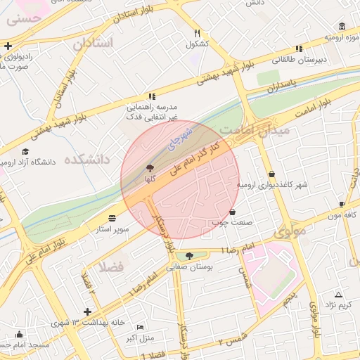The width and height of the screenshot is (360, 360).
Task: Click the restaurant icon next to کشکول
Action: coord(198,33)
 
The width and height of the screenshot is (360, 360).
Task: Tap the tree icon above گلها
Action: coord(148,169)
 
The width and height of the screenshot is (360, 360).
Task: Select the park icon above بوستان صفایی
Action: coord(188,256)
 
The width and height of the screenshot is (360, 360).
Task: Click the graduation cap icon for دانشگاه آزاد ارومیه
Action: coord(26,152)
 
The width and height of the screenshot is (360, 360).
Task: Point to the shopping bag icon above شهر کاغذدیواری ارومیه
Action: coord(271,174)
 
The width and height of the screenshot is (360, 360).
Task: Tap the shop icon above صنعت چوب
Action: coord(233,212)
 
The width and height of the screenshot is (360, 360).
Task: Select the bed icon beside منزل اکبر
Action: coord(140,328)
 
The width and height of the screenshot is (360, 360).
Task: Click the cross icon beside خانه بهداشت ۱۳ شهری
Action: coord(87,311)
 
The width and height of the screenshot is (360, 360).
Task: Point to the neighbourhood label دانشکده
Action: coord(87,160)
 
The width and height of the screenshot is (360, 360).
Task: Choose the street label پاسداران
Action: coord(281,88)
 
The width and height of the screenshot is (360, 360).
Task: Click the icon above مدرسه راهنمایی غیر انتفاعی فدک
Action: coord(150,96)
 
